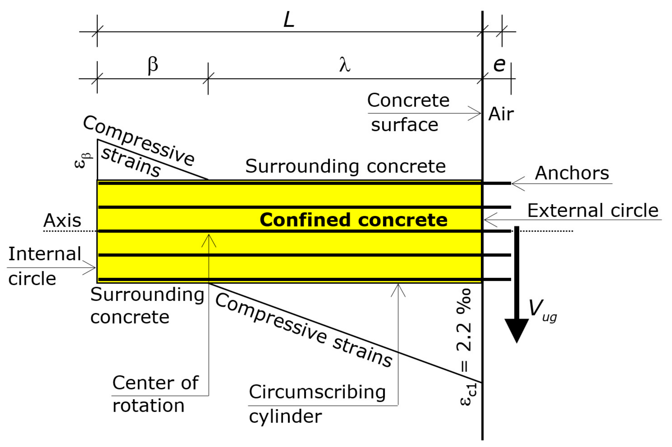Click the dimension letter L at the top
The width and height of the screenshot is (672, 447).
[289, 20]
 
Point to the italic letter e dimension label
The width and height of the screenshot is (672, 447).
[499, 65]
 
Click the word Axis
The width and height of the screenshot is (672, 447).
[62, 220]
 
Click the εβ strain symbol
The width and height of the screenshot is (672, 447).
[83, 160]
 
